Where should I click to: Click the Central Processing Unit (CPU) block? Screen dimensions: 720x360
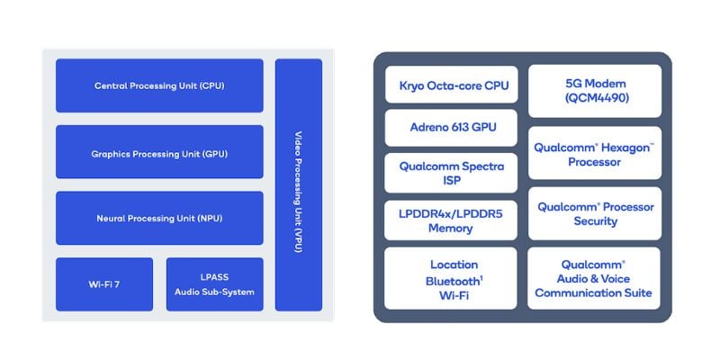click(x=159, y=85)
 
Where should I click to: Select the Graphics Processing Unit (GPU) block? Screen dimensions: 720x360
click(x=159, y=151)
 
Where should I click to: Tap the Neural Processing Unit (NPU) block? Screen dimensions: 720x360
click(x=159, y=218)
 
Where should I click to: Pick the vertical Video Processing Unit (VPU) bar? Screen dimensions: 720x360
click(x=299, y=185)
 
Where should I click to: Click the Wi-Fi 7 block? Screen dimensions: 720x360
click(x=104, y=284)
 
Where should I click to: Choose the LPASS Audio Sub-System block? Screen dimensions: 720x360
click(x=214, y=284)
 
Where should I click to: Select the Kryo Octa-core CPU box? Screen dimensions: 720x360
click(x=452, y=85)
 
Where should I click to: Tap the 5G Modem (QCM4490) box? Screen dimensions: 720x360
click(x=595, y=91)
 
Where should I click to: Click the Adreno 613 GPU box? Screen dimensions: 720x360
click(x=452, y=128)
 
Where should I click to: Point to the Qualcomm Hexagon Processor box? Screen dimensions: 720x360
click(x=595, y=153)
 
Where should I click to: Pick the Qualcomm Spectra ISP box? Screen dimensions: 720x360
click(x=451, y=173)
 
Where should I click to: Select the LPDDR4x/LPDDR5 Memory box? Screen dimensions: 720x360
click(x=451, y=220)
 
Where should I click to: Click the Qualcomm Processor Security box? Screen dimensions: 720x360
click(x=595, y=213)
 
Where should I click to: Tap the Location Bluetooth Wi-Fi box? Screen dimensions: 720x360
click(x=451, y=279)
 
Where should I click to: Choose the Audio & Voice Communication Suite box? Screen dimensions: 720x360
click(x=594, y=279)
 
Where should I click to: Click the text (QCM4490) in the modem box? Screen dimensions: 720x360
click(x=595, y=98)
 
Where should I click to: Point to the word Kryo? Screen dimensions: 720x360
click(x=410, y=85)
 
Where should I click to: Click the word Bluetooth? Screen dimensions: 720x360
click(x=453, y=281)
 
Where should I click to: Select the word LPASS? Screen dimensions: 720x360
click(x=214, y=277)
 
